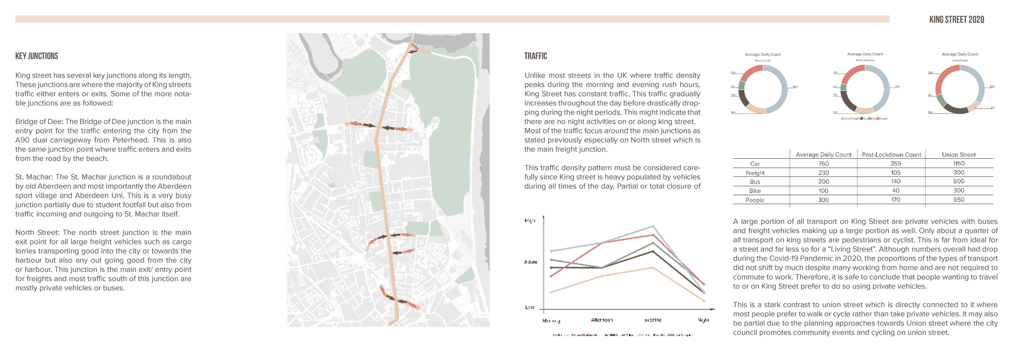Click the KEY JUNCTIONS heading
[x=37, y=56]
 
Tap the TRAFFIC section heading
[x=536, y=56]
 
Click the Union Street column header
[x=958, y=155]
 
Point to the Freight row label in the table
[x=755, y=173]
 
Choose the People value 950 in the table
[x=958, y=200]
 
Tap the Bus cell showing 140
[x=896, y=181]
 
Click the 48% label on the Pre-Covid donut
[x=795, y=86]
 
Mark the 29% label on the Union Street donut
[x=931, y=73]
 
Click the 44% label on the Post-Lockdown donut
[x=897, y=86]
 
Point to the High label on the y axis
[x=530, y=221]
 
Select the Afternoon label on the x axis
[x=602, y=320]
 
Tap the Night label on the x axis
[x=703, y=320]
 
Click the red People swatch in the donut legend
[x=878, y=118]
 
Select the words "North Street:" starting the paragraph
[x=38, y=232]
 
